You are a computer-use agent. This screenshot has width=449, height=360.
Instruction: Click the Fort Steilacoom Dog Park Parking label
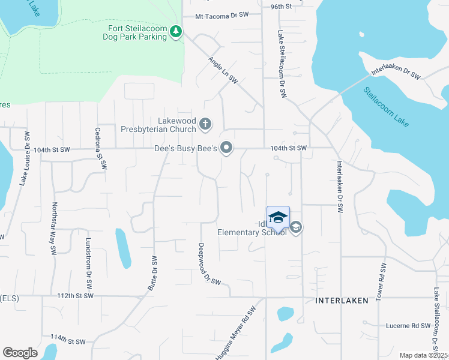[x=137, y=32]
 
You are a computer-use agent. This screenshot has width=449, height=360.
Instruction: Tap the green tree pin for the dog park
[x=176, y=31]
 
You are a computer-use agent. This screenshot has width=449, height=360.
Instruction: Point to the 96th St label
[x=280, y=7]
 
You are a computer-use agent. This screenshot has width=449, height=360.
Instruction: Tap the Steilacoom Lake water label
[x=387, y=107]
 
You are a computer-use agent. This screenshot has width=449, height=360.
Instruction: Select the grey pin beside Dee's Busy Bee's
[x=226, y=147]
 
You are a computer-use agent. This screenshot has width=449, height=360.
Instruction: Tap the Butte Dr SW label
[x=152, y=274]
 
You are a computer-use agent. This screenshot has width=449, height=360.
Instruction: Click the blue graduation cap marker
[x=278, y=217]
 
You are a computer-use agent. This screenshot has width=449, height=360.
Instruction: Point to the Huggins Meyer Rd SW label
[x=237, y=332]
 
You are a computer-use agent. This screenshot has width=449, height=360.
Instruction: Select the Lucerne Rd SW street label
[x=409, y=326]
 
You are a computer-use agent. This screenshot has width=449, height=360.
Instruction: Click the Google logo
[x=20, y=353]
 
